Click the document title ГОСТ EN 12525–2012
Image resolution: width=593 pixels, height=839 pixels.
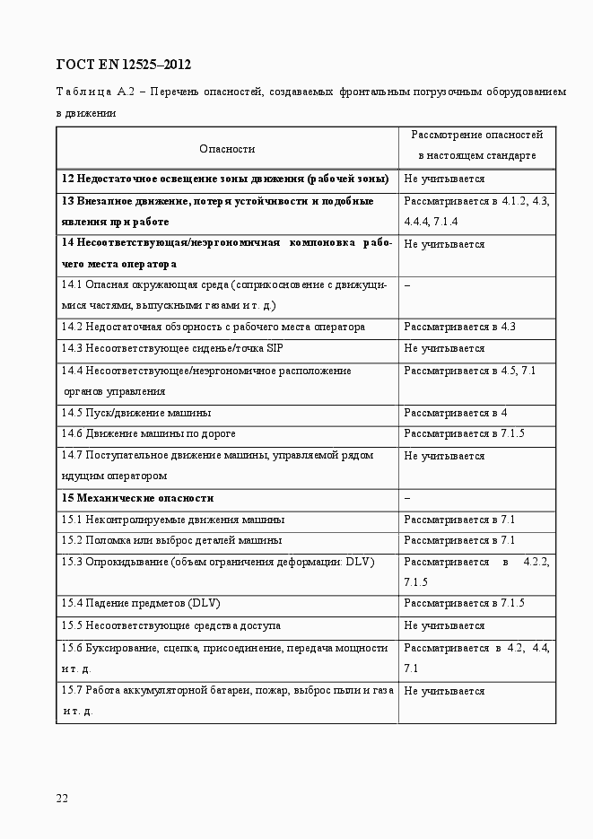coord(124,65)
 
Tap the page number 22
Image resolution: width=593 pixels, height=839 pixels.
coord(62,798)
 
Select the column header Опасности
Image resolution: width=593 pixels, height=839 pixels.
coord(227,149)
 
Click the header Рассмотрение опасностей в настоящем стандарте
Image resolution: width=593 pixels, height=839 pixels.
coord(476,144)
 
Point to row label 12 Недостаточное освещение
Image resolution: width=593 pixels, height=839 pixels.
coord(224,179)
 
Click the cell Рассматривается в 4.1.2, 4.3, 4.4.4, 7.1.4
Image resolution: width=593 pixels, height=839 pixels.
coord(476,211)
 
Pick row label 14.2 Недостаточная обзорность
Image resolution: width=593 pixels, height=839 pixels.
coord(213,327)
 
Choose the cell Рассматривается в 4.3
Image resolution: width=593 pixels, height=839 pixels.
coord(459,327)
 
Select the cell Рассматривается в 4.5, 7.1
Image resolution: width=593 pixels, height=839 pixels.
coord(469,370)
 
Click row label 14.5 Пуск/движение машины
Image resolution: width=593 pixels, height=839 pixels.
coord(136,413)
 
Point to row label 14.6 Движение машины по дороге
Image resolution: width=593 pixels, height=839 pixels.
coord(148,434)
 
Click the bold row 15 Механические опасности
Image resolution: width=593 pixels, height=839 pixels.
coord(137,498)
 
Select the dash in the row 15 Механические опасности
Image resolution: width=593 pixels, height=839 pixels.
coord(407,498)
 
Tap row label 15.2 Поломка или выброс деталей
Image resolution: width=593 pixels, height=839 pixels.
coord(171,540)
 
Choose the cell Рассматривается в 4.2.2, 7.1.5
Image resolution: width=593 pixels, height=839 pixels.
coord(476,572)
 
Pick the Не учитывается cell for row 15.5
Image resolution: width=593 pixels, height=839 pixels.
coord(444,625)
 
